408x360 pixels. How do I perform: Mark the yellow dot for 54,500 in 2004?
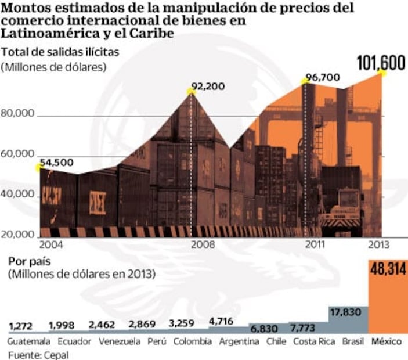pos(39,168)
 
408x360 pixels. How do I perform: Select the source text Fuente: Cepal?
pos(38,354)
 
